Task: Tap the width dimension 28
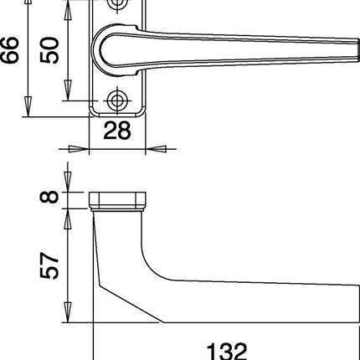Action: pos(117,131)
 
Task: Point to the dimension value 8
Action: pos(49,198)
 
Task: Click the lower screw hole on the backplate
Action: pos(118,100)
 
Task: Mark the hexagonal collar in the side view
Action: pos(118,198)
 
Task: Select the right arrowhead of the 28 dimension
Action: pos(154,149)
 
